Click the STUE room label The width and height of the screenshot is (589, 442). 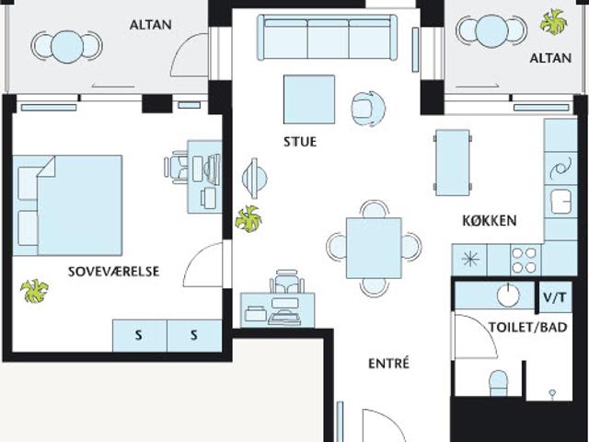point(300,142)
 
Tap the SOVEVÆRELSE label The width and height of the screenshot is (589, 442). point(114,272)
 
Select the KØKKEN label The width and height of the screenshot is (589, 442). point(490,221)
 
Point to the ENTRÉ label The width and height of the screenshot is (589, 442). point(388,364)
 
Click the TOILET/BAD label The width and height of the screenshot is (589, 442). point(527,328)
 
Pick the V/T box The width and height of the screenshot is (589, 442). point(555,297)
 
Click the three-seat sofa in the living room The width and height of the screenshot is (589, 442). point(327,37)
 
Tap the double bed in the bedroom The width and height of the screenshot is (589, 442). point(67,205)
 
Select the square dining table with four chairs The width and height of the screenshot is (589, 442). point(374,248)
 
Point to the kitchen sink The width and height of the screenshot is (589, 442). point(560,201)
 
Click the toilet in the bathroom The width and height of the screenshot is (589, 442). point(499,383)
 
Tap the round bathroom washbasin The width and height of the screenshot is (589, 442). point(508,294)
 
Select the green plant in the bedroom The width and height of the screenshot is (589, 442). point(34,291)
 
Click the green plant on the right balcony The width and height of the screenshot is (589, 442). point(553,22)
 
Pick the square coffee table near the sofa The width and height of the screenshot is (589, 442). point(309,99)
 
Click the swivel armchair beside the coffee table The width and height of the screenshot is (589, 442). point(368,109)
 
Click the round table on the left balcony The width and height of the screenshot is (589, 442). point(67,47)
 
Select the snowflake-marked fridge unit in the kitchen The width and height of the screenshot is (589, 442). point(469,260)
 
